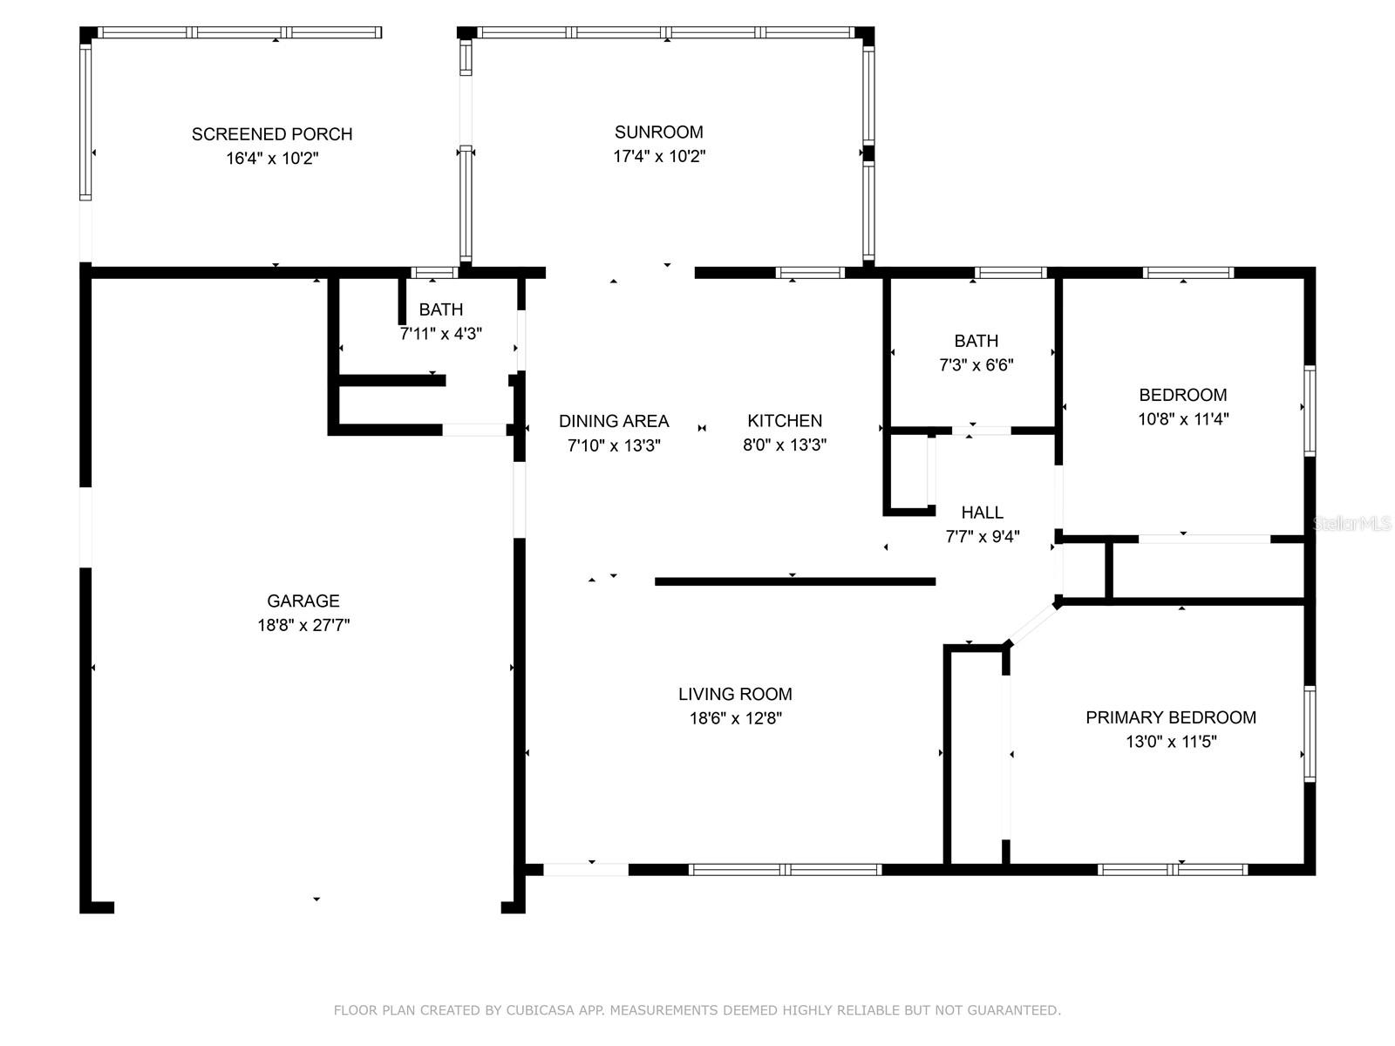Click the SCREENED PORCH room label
[272, 134]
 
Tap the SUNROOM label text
[658, 132]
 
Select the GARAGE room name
[303, 601]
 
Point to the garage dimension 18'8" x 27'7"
[303, 625]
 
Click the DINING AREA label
[613, 421]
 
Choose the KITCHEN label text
[784, 420]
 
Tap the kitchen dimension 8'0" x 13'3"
[784, 445]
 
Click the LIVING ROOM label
[735, 694]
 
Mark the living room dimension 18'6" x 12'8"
[735, 718]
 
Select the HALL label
[982, 513]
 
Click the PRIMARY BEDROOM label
[1171, 717]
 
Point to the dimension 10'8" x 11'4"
[1183, 419]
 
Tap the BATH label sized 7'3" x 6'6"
[976, 341]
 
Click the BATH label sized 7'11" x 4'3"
[440, 309]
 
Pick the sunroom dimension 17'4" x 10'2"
[659, 156]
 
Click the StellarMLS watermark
[1351, 524]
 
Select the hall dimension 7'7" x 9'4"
[982, 537]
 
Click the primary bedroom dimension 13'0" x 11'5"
[1171, 742]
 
